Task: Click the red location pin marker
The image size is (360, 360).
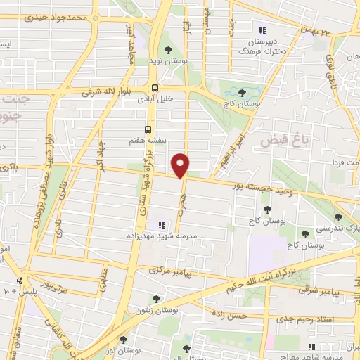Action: (x=181, y=165)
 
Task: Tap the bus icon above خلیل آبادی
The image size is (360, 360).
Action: (x=155, y=87)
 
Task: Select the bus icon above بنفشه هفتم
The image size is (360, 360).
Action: (x=148, y=129)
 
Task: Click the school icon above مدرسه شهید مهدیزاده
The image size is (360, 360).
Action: (x=162, y=225)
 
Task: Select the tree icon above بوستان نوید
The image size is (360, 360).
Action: (x=167, y=49)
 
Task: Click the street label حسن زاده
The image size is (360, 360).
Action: (x=243, y=316)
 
